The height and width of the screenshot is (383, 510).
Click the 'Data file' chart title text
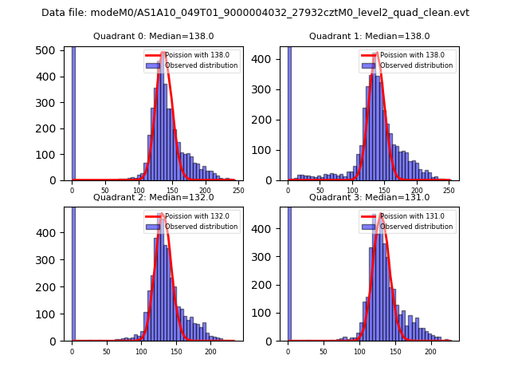tap(255, 13)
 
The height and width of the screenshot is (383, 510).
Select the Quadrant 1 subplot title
tap(369, 36)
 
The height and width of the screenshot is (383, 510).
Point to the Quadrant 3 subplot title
tap(369, 197)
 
